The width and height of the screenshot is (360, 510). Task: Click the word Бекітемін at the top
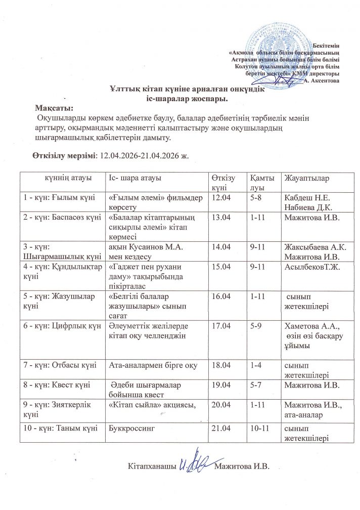(x=325, y=46)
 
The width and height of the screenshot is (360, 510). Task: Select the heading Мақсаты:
(x=54, y=108)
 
